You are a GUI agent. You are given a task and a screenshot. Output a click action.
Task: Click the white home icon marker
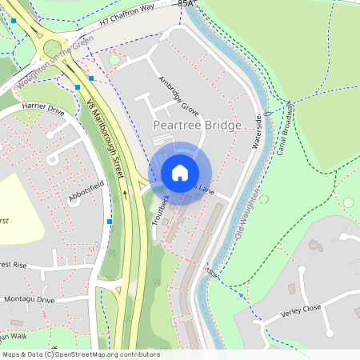(x=180, y=172)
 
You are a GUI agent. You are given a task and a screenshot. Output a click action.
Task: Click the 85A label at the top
(x=186, y=4)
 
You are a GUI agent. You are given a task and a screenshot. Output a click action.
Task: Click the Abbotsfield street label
(x=86, y=192)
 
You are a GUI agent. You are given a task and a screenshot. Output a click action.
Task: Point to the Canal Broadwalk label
(x=286, y=128)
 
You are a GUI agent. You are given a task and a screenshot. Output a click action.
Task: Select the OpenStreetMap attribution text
(x=80, y=354)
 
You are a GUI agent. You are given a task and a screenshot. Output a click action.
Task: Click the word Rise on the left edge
(x=18, y=265)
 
